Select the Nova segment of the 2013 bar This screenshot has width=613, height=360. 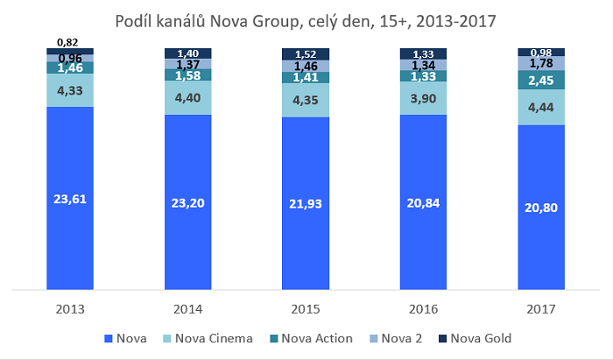[x=70, y=198]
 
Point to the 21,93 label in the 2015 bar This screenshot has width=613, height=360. [x=306, y=202]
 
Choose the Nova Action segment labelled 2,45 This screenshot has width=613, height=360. [x=541, y=80]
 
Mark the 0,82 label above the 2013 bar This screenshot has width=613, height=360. [x=70, y=41]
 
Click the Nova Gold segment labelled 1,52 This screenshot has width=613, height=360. [x=306, y=53]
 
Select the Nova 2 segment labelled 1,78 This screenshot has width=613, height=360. [x=541, y=62]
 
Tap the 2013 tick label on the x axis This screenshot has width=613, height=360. [x=70, y=309]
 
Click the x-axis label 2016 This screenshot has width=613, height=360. [x=424, y=309]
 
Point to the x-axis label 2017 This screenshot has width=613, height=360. [x=541, y=309]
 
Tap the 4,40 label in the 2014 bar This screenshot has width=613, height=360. [x=188, y=98]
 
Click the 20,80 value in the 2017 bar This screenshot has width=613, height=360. [x=541, y=208]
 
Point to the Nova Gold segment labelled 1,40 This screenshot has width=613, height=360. [x=188, y=53]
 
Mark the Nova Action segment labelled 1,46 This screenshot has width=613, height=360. [x=70, y=67]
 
